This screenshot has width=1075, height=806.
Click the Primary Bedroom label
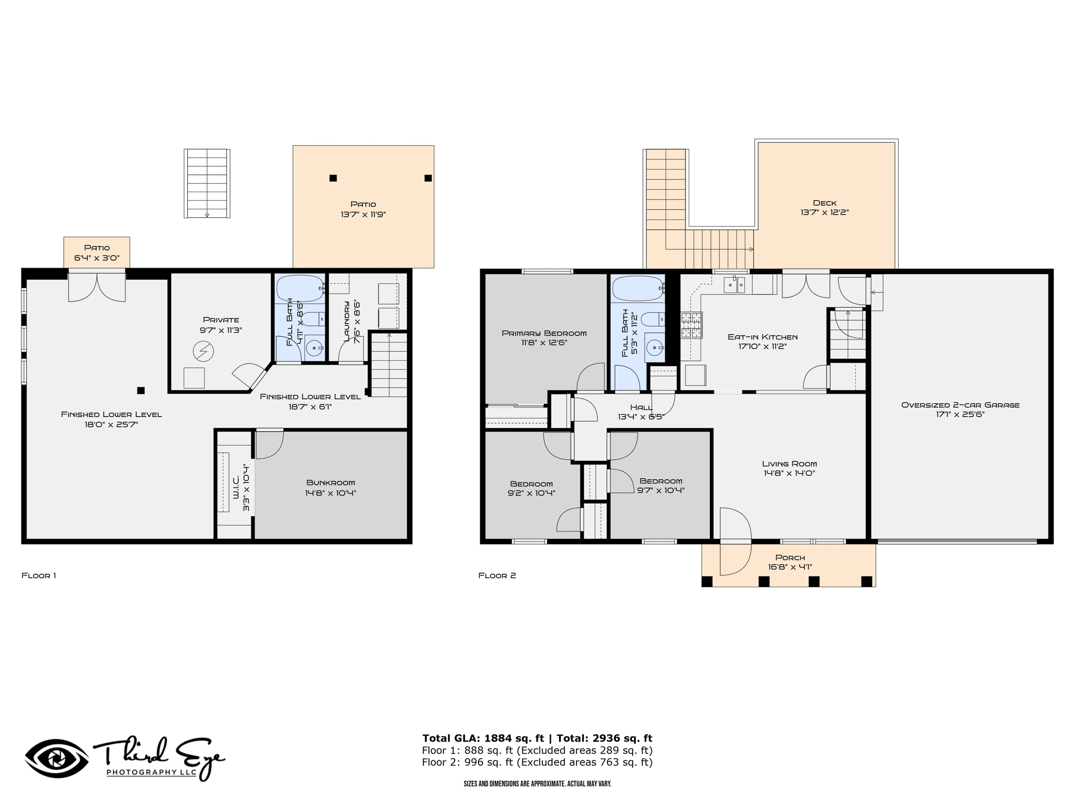coord(544,333)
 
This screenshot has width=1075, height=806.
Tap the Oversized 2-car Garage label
coord(960,405)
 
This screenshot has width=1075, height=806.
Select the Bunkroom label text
coord(331,483)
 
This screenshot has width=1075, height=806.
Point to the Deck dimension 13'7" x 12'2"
coord(825,213)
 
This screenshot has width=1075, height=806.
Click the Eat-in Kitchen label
coord(762,337)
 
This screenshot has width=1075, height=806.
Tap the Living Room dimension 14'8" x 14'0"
coord(789,473)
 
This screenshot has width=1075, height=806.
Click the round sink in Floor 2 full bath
coord(655,347)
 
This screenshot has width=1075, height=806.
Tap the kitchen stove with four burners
coord(691,325)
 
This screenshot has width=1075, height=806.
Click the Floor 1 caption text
coord(39,576)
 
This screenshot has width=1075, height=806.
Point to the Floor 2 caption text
coord(497,576)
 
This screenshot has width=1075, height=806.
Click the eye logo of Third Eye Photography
coord(56,758)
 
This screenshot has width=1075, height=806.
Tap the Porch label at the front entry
coord(790,558)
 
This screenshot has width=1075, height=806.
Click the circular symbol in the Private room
coord(203,352)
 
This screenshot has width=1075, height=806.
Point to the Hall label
coord(641,407)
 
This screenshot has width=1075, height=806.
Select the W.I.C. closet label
coord(236,487)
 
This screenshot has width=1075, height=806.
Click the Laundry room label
coord(346,321)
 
